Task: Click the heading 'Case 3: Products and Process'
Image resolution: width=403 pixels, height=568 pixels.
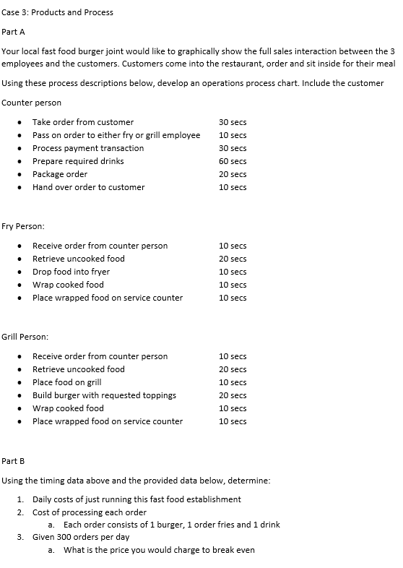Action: click(58, 12)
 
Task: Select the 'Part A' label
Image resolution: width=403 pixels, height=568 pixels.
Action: click(14, 32)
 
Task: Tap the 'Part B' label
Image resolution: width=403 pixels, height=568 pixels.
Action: click(14, 460)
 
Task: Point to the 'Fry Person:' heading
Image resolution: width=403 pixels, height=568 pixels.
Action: click(24, 227)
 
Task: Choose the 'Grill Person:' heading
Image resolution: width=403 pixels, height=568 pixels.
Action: click(26, 337)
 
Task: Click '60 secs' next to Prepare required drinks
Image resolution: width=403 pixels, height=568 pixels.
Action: click(233, 161)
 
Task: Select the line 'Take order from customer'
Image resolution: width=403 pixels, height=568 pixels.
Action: click(82, 122)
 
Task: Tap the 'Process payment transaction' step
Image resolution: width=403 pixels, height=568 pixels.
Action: click(88, 148)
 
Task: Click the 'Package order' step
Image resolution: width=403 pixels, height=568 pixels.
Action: click(60, 174)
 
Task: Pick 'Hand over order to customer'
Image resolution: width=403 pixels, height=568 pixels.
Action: click(88, 187)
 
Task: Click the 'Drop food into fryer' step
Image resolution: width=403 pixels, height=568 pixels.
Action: click(71, 272)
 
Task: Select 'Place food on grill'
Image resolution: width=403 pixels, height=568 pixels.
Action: click(66, 382)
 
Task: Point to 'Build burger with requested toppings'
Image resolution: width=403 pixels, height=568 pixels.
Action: click(104, 395)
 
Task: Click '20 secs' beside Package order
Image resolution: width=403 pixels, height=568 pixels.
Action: click(233, 174)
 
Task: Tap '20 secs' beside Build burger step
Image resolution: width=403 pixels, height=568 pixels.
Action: click(233, 395)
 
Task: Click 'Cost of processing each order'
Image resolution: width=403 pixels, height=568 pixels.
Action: click(90, 512)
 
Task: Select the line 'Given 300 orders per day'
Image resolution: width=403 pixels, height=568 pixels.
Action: click(81, 537)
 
